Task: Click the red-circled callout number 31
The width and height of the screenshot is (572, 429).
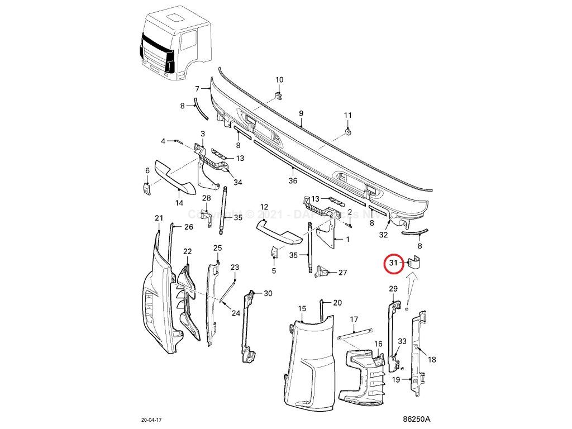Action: tap(393, 263)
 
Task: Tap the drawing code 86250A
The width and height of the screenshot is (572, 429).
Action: tap(417, 418)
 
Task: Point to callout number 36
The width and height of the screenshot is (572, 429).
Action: tap(293, 181)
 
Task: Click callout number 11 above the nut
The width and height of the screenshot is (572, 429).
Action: tap(347, 116)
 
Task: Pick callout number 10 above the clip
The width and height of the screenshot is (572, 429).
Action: tap(279, 80)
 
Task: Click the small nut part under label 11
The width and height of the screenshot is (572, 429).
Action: tap(347, 131)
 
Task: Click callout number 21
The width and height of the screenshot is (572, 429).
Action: tap(158, 218)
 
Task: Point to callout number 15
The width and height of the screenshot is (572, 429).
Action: tap(302, 308)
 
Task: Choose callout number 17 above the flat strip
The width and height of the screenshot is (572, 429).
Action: tap(354, 320)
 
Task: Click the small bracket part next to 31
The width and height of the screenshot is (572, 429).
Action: tap(414, 262)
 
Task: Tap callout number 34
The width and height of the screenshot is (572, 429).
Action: tap(238, 182)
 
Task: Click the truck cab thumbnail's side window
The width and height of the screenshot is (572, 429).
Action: tap(189, 41)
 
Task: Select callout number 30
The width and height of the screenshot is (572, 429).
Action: tap(268, 293)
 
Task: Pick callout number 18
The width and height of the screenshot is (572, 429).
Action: tap(432, 360)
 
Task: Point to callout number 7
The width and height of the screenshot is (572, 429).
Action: tap(197, 89)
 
